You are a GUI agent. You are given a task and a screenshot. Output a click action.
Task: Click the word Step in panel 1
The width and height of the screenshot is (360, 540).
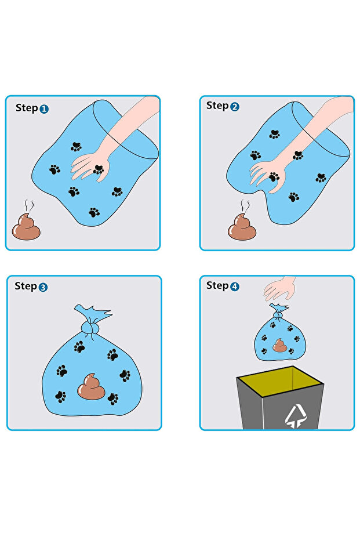27,108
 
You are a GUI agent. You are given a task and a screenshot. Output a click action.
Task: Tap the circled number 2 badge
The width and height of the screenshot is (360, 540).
235,107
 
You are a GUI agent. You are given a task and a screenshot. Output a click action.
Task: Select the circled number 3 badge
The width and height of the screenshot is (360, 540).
43,287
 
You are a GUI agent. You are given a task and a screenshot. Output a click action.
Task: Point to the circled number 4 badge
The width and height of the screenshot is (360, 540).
234,286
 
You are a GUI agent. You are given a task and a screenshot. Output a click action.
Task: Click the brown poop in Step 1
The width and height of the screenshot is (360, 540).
27,226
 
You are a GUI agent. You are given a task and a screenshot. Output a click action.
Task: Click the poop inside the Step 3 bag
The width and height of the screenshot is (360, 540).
92,387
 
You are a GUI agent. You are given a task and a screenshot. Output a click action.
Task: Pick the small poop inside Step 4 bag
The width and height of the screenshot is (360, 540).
280,346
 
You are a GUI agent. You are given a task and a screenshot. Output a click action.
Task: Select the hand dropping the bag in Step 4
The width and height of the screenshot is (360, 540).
281,288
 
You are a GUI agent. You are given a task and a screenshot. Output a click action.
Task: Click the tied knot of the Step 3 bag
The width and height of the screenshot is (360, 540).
89,328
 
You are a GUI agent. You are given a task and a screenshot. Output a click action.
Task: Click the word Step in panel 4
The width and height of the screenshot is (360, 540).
217,285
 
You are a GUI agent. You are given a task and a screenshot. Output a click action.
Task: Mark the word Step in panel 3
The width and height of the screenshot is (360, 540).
26,286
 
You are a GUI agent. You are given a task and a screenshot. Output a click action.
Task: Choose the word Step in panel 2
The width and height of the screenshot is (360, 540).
217,106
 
